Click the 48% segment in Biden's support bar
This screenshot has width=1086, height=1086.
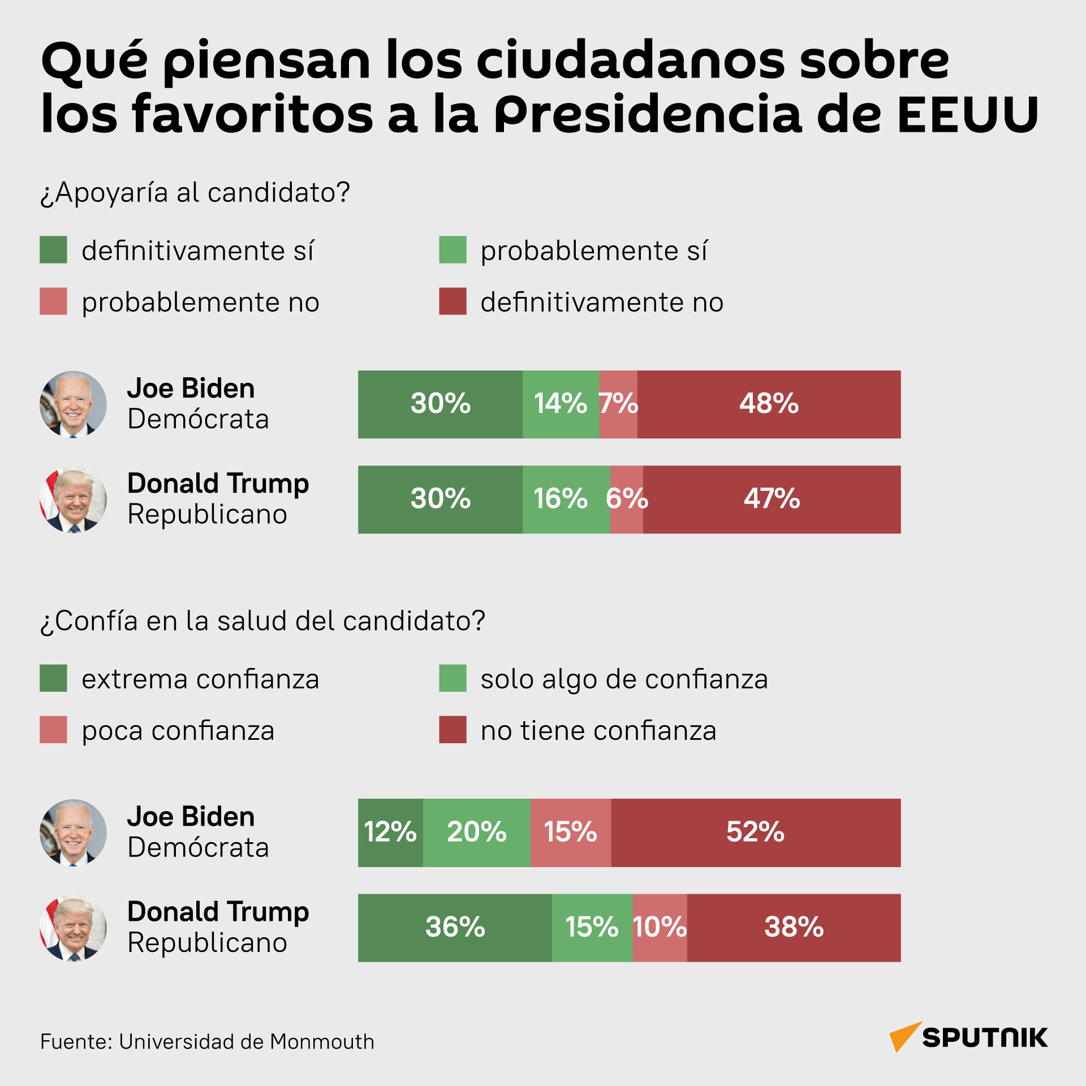tap(769, 404)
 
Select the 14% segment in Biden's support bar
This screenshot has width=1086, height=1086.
tap(561, 404)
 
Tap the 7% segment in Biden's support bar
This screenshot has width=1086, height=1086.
tap(618, 404)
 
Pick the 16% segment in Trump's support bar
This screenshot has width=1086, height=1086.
tap(566, 499)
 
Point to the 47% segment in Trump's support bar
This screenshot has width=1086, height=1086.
tap(772, 499)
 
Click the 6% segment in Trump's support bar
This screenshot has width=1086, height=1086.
tap(627, 499)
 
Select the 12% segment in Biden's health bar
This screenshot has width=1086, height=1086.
tap(390, 833)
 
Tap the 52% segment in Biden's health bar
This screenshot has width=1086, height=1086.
tap(756, 833)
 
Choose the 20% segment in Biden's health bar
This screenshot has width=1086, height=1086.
tap(477, 833)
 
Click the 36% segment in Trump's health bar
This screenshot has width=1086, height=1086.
tap(455, 928)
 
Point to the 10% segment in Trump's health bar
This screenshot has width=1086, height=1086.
tap(660, 928)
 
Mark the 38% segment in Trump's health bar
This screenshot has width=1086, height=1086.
tap(794, 928)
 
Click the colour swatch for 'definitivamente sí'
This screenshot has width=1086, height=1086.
tap(53, 250)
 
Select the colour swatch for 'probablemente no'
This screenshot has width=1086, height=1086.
tap(53, 301)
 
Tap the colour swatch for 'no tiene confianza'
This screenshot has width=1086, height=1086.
tap(453, 729)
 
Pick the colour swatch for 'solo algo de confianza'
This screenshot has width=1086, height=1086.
tap(453, 678)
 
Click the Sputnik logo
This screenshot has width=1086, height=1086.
tap(968, 1037)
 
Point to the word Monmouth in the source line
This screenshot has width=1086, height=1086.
tap(322, 1041)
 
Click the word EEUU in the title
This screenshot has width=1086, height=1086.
tap(968, 114)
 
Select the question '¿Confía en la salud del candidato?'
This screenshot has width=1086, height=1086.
tap(263, 621)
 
